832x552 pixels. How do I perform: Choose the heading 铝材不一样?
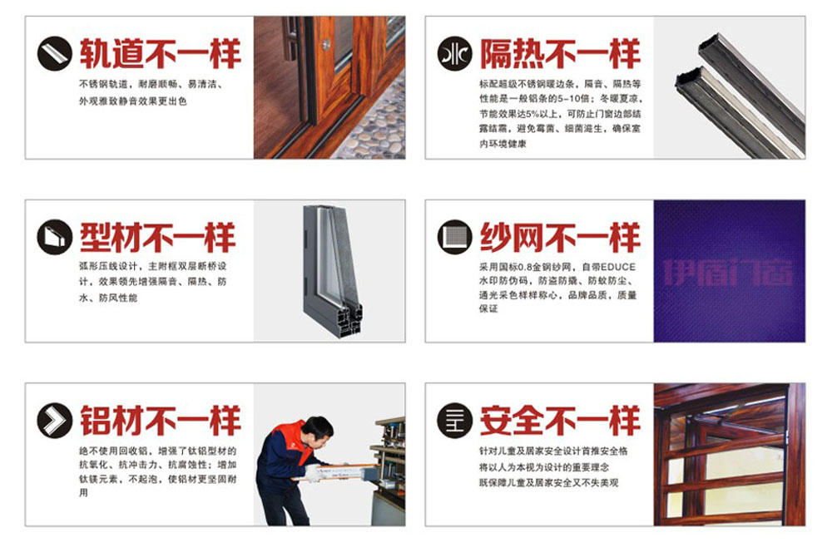160,421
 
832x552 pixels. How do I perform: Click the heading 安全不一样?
560,421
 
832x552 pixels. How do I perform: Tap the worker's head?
316,430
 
